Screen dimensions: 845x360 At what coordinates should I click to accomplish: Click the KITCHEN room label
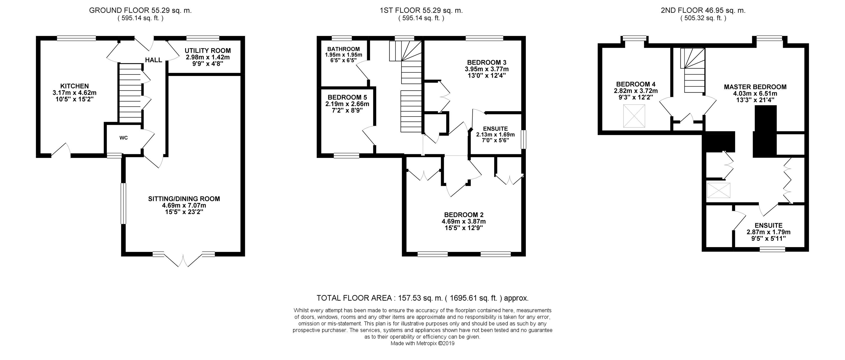[x=74, y=86]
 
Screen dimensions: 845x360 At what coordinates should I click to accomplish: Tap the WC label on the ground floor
[x=123, y=138]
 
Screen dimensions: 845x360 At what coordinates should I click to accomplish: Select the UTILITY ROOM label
[x=208, y=51]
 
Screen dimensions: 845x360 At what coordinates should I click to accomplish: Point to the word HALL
[x=154, y=60]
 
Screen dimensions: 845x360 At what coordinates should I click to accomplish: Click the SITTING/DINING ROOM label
[x=184, y=198]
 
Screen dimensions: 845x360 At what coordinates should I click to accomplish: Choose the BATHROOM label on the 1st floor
[x=343, y=49]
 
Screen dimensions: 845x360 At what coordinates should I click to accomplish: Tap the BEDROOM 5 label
[x=347, y=97]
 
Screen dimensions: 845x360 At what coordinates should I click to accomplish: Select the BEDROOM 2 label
[x=464, y=215]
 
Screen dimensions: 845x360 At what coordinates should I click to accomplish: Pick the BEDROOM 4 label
[x=636, y=84]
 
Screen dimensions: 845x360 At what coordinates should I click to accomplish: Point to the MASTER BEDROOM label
[x=755, y=87]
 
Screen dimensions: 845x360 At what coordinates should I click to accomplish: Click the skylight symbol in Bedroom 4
[x=634, y=116]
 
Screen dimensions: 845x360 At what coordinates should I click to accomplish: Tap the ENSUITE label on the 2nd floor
[x=769, y=225]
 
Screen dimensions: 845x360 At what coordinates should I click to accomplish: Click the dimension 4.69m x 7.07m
[x=184, y=205]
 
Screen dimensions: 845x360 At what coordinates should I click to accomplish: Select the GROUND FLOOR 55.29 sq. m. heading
[x=141, y=10]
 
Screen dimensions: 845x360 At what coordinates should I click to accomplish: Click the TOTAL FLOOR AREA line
[x=422, y=298]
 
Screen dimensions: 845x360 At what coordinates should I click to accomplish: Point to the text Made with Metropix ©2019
[x=422, y=344]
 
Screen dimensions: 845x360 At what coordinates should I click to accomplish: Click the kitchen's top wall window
[x=76, y=38]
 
